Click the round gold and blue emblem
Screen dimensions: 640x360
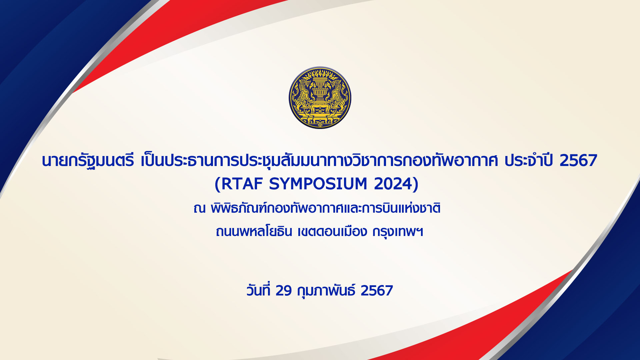[x=320, y=98]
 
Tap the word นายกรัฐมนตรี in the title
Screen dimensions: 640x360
[x=88, y=161]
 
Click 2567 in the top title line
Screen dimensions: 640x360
[x=578, y=161]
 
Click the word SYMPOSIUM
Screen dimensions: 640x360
[x=318, y=184]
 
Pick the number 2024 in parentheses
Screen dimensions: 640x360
[x=393, y=184]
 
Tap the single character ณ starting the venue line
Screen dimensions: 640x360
[x=199, y=209]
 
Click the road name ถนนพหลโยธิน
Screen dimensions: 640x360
[x=254, y=231]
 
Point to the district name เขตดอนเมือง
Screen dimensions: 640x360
[x=332, y=231]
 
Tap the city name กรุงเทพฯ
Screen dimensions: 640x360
[x=398, y=231]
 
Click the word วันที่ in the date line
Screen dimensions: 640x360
[x=258, y=290]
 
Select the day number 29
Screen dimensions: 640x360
[x=284, y=291]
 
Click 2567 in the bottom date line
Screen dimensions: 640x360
[x=377, y=291]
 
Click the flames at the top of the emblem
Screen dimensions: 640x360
[x=320, y=73]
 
